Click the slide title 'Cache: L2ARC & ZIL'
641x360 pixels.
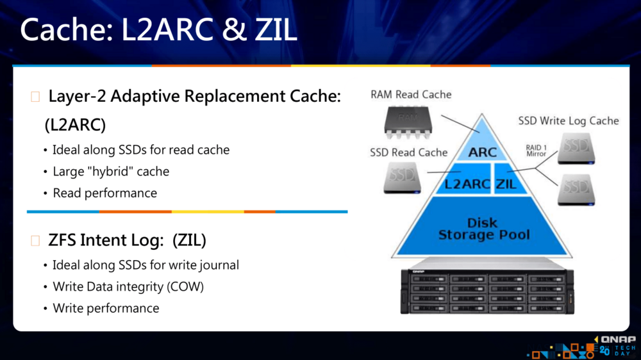(159, 30)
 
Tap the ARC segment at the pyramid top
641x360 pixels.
(483, 152)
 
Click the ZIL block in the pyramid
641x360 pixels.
(506, 184)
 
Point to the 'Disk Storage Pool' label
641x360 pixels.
(484, 229)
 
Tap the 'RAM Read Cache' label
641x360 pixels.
(411, 95)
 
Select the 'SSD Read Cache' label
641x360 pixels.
(408, 152)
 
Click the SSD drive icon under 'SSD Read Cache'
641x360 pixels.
(402, 177)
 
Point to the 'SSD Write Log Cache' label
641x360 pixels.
(569, 120)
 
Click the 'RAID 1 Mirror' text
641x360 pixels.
(536, 151)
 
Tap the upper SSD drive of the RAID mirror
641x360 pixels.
(576, 148)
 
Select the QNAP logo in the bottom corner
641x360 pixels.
(615, 340)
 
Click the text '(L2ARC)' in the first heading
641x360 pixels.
(75, 126)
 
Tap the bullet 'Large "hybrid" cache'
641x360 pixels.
(111, 172)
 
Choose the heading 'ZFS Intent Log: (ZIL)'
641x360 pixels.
(127, 240)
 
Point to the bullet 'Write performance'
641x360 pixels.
(106, 308)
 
